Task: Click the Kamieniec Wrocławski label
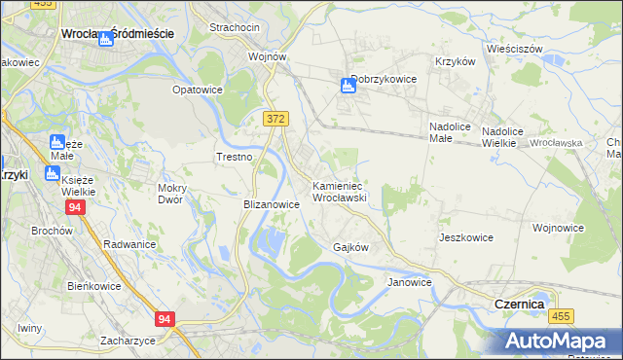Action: click(338, 191)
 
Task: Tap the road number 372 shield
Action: click(275, 118)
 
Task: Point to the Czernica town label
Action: click(519, 304)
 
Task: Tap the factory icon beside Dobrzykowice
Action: click(348, 86)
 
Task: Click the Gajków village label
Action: click(351, 247)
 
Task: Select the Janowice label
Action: click(409, 282)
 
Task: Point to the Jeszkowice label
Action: click(465, 237)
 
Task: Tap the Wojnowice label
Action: click(558, 228)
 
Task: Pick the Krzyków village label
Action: click(455, 60)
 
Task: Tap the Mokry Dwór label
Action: click(177, 194)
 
